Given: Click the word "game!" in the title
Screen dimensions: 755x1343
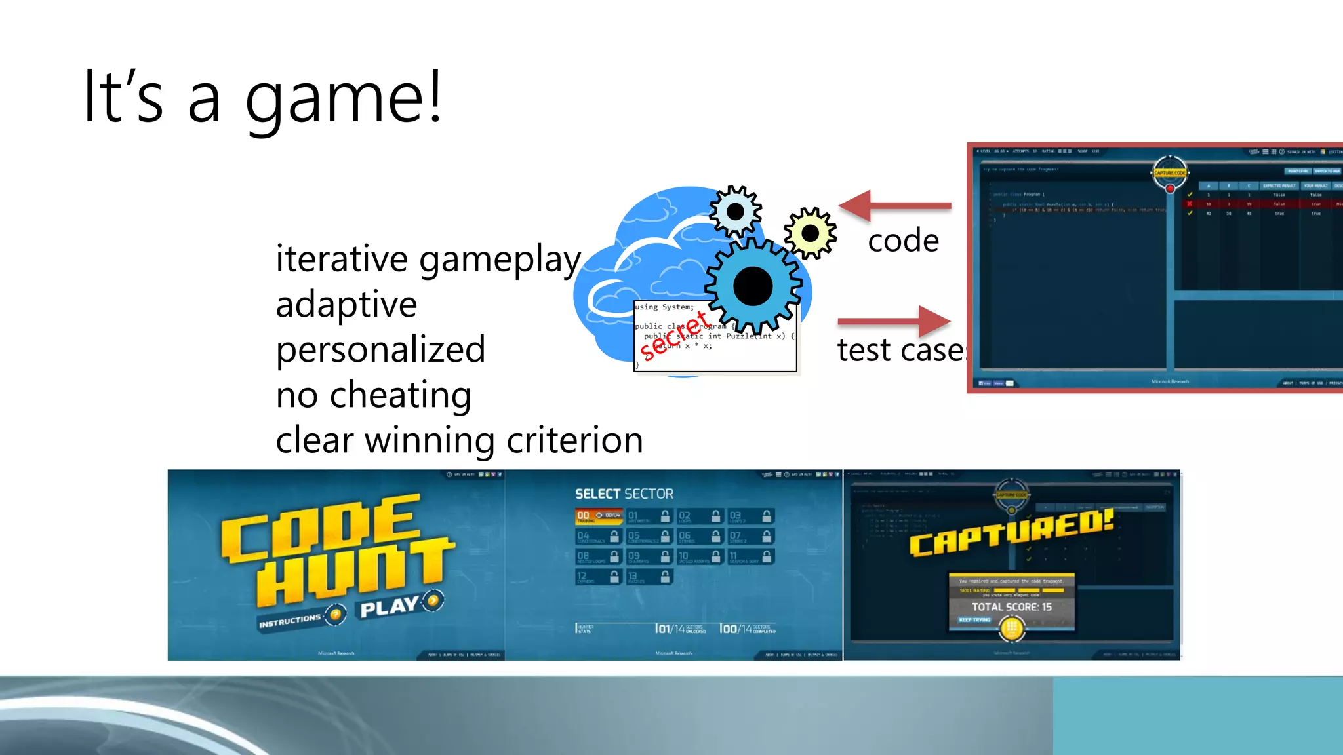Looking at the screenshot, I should [344, 98].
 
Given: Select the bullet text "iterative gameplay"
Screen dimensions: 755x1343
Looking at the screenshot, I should [428, 259].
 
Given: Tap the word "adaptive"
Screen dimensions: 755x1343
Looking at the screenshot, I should [346, 305].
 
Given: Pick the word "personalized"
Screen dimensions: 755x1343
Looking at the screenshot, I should [380, 349].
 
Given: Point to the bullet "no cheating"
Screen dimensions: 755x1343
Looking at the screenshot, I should [373, 395].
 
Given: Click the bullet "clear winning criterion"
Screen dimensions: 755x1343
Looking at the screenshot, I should [459, 440].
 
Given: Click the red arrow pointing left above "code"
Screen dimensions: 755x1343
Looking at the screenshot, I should [894, 205].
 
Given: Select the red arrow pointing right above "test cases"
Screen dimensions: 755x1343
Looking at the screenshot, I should [894, 321].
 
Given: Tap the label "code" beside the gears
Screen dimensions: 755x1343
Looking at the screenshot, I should [903, 241].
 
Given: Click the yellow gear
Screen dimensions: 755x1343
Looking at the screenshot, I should [811, 233].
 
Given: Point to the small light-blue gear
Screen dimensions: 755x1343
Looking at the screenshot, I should [735, 212].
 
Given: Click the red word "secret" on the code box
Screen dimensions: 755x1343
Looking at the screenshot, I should [674, 336].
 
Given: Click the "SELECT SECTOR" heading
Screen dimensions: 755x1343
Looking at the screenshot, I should [624, 494].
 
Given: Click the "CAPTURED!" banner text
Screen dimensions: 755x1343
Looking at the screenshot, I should [1011, 533].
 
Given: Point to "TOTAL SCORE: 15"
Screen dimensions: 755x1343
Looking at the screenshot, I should [1011, 607].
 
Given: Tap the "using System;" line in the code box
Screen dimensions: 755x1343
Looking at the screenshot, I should [664, 307].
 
